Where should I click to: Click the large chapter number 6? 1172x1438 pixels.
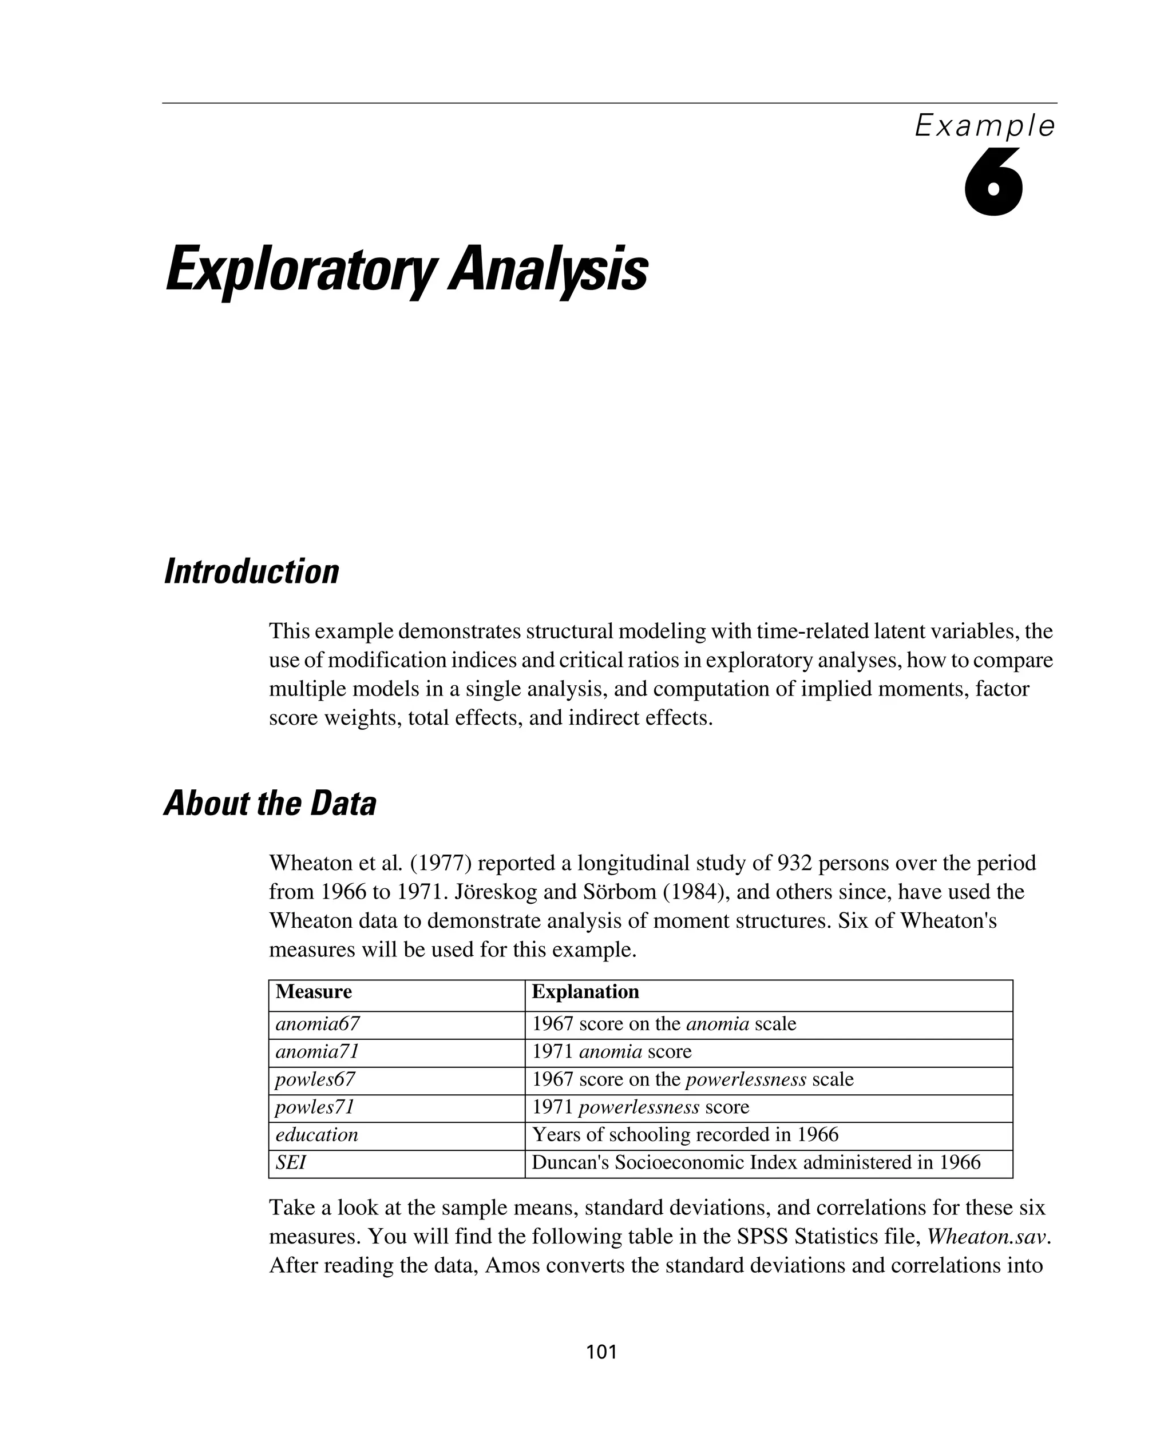[993, 184]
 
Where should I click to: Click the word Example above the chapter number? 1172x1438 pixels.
[985, 126]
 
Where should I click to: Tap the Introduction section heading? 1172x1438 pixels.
[251, 571]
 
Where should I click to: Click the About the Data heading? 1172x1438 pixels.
[270, 804]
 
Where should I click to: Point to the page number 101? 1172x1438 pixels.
[601, 1352]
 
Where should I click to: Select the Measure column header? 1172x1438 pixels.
[314, 992]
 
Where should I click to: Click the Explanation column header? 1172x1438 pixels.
[585, 992]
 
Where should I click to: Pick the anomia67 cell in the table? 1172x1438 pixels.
[317, 1024]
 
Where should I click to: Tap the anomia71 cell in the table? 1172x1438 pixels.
[317, 1052]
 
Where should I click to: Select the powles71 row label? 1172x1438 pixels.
[315, 1107]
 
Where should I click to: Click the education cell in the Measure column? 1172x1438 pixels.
[316, 1135]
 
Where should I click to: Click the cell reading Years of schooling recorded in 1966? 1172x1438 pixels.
[685, 1135]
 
